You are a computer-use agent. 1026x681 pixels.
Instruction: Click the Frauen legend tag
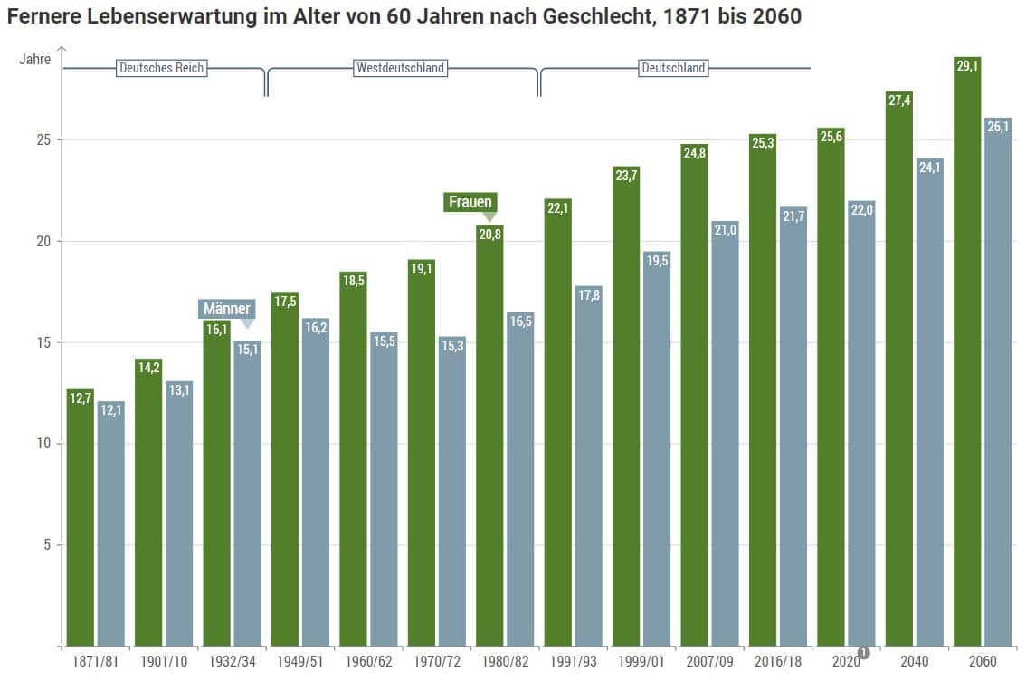470,202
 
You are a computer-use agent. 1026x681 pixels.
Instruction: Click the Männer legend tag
226,309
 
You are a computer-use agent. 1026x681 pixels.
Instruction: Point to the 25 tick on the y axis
42,140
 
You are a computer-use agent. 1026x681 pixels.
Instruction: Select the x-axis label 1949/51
299,662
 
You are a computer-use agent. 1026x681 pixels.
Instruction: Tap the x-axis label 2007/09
708,662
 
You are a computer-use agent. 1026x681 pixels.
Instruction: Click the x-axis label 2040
914,662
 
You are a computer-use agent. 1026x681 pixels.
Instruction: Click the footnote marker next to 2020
863,653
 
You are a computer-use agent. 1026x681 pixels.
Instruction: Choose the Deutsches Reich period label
162,68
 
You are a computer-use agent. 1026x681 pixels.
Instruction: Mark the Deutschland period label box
673,68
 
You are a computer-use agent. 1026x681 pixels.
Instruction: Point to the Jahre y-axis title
35,59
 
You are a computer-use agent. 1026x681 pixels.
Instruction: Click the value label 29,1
967,66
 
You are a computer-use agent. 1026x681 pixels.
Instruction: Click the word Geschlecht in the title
588,16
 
